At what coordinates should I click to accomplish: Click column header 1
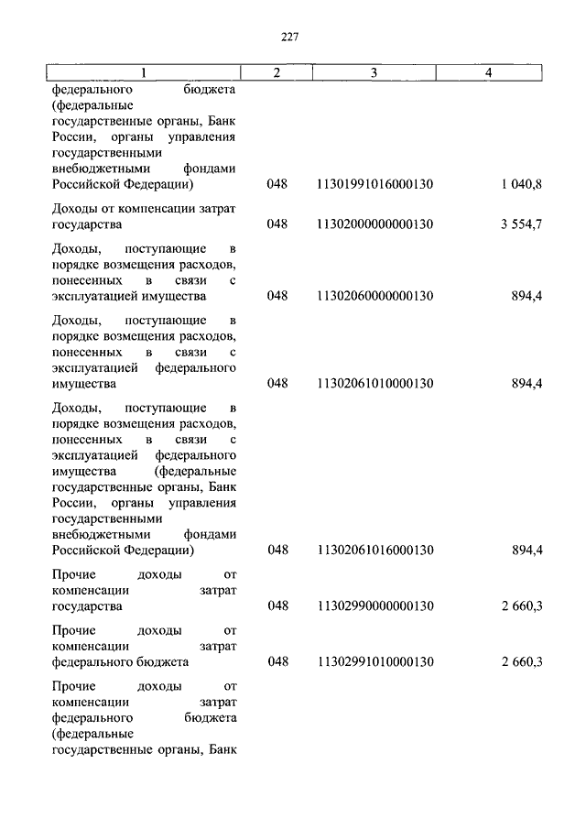coord(143,72)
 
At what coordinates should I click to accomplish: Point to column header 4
coord(489,72)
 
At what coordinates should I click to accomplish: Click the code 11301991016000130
coord(374,185)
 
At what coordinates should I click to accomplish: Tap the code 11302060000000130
coord(374,296)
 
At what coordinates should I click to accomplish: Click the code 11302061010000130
coord(374,384)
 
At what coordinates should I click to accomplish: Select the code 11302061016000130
coord(374,550)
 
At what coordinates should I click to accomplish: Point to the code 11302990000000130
coord(374,605)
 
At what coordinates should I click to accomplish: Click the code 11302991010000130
coord(374,661)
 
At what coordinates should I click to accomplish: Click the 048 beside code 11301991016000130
coord(277,185)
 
